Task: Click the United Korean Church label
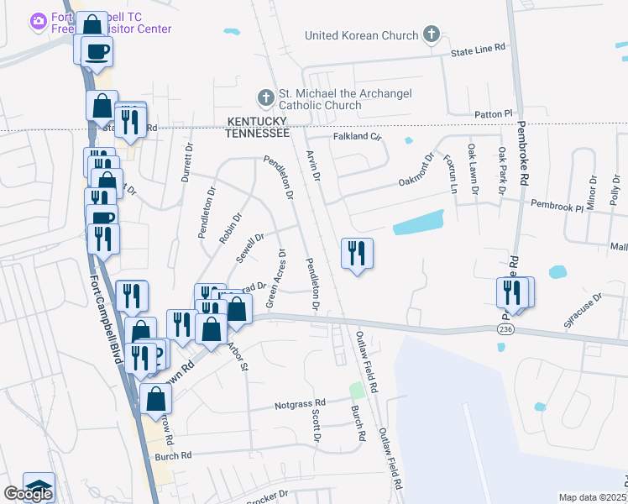[x=362, y=35]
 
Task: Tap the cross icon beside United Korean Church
[x=432, y=35]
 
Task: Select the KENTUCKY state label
[x=257, y=122]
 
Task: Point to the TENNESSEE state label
[x=257, y=133]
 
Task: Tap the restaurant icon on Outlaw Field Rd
[x=357, y=252]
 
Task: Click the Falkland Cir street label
[x=358, y=136]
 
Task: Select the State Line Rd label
[x=479, y=51]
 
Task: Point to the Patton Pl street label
[x=493, y=113]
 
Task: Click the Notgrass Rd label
[x=299, y=405]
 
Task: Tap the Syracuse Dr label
[x=584, y=309]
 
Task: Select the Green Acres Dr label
[x=275, y=278]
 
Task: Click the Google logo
[x=28, y=494]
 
